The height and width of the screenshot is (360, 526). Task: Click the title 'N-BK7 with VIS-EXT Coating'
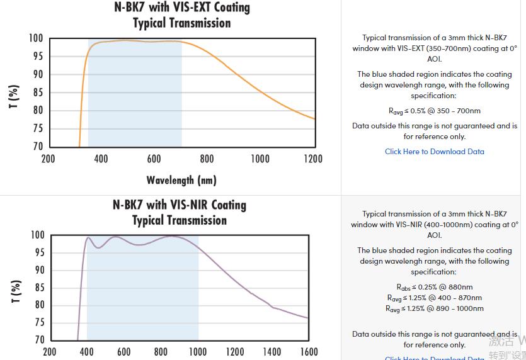(181, 8)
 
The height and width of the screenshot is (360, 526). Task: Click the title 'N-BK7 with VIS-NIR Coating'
(180, 205)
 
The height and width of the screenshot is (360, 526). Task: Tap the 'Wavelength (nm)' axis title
(181, 181)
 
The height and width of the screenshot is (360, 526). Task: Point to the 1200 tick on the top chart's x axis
(313, 159)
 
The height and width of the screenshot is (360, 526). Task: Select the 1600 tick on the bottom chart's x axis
(308, 352)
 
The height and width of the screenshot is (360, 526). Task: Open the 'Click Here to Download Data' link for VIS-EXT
(434, 152)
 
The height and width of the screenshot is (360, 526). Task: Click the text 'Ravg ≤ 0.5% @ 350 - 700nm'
(434, 111)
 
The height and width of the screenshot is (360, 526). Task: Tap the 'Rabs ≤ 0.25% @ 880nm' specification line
(434, 287)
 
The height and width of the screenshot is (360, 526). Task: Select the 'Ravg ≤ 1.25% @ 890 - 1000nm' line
(434, 308)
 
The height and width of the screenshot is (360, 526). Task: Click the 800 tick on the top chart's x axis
(207, 159)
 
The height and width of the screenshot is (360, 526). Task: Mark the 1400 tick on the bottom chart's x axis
(272, 352)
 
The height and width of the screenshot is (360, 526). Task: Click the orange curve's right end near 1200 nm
(314, 118)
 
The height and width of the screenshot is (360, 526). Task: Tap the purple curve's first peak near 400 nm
(88, 238)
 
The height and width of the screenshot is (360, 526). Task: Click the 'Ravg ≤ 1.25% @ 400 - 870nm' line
(434, 298)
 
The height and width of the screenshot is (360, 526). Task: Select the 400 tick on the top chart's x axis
(101, 159)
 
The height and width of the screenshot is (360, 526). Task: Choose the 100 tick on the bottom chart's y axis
(38, 235)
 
